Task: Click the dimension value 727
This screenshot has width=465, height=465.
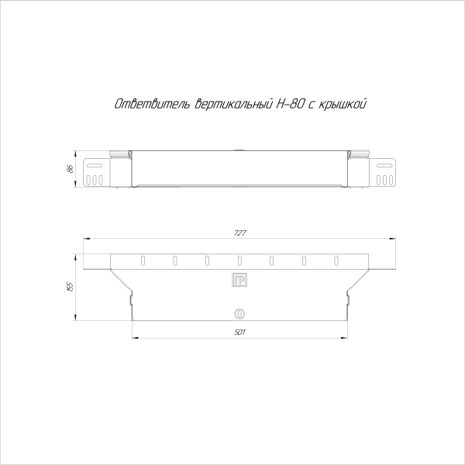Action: (239, 233)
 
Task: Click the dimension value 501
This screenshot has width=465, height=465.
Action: (239, 332)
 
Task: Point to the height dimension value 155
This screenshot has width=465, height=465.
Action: (70, 286)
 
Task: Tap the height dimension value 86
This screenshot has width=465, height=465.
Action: (70, 169)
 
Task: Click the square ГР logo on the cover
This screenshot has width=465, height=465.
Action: (239, 280)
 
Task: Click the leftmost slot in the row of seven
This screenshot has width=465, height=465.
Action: (143, 260)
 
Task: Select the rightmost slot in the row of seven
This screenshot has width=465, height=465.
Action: (336, 260)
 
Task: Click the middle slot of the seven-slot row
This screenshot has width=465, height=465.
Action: (239, 260)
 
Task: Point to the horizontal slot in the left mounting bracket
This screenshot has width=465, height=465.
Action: (95, 166)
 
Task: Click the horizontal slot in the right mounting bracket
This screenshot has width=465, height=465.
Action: (384, 166)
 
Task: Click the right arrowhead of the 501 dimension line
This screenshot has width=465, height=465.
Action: (346, 339)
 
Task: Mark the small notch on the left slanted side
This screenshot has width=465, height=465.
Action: (129, 294)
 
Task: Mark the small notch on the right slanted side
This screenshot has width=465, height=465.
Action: (350, 294)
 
